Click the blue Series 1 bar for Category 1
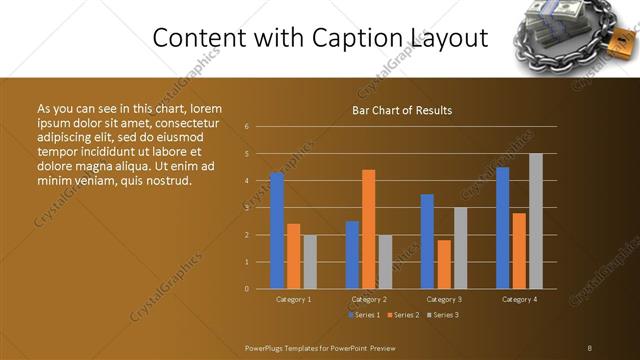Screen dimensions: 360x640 pos(277,231)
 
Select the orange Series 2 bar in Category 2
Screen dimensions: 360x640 pos(368,229)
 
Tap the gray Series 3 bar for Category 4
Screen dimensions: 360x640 pos(536,221)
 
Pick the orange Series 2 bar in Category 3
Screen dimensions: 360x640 pos(444,264)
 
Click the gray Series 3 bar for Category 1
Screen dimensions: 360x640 pos(310,262)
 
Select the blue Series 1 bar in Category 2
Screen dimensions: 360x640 pos(352,255)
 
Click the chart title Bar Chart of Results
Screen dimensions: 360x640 pos(402,110)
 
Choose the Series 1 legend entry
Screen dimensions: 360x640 pos(363,315)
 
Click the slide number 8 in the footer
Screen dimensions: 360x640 pos(590,347)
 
